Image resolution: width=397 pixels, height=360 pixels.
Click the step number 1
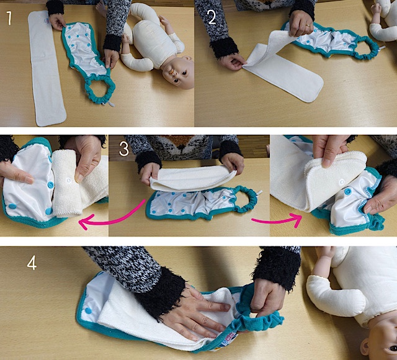click(9, 18)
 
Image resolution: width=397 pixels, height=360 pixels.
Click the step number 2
click(212, 17)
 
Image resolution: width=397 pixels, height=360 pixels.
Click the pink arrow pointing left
click(112, 218)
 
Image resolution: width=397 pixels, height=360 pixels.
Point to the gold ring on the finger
click(308, 25)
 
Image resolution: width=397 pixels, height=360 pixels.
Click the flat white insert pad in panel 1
click(47, 68)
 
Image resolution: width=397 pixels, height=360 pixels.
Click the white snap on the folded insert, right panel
click(342, 182)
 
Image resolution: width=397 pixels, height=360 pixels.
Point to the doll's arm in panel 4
click(334, 294)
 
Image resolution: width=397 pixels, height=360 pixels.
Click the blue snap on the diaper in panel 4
click(88, 310)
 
